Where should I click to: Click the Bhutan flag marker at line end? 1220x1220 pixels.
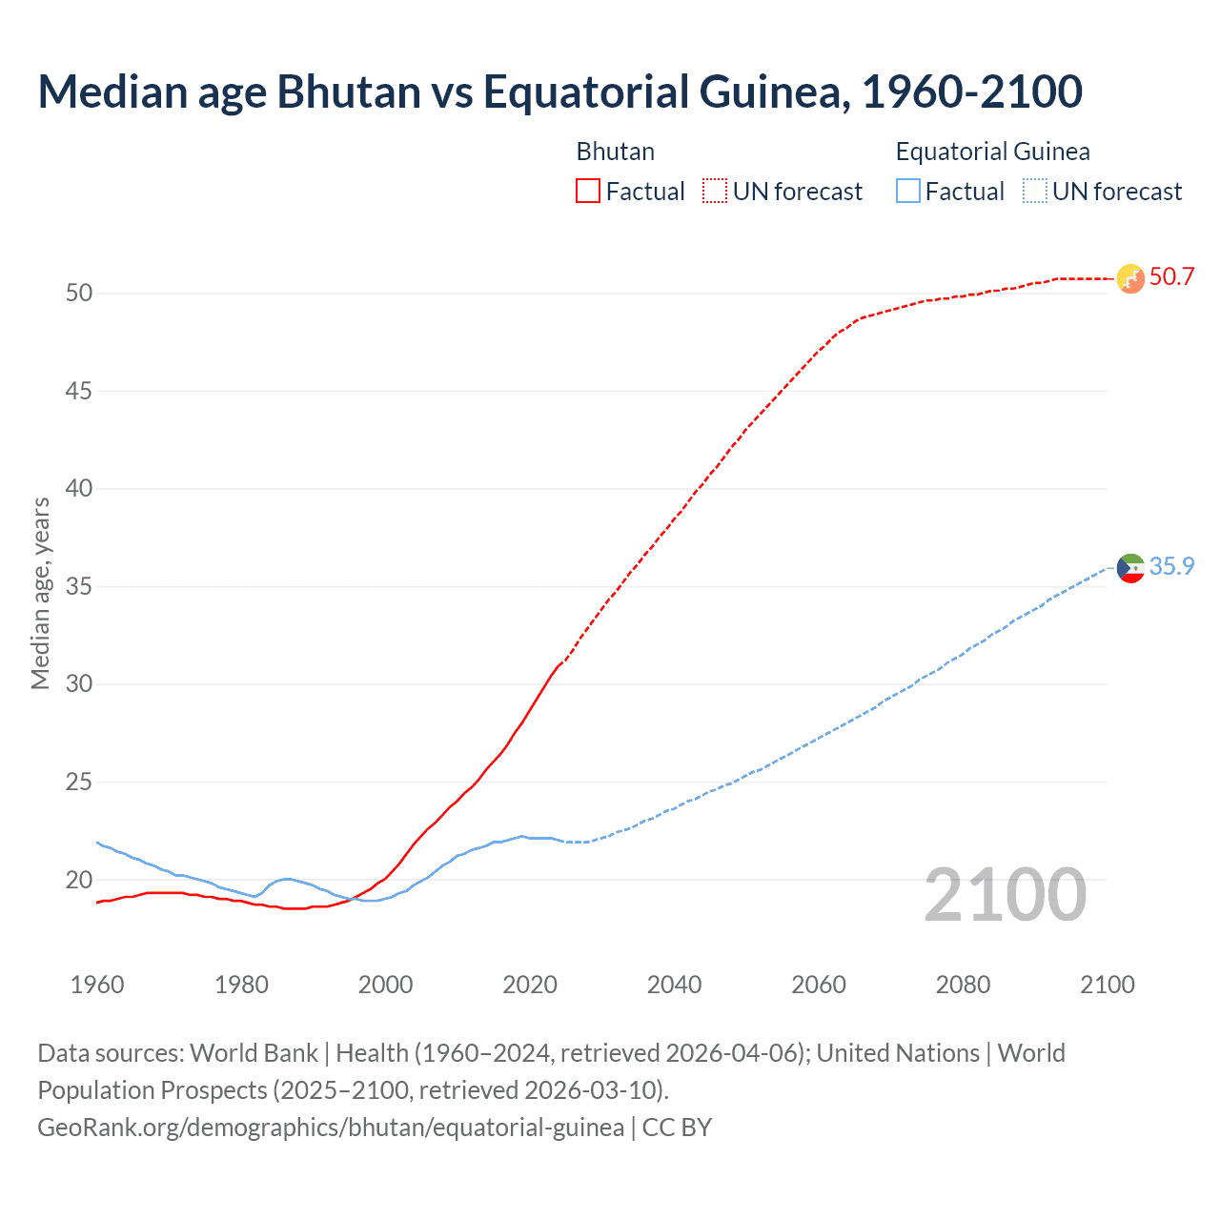click(1129, 278)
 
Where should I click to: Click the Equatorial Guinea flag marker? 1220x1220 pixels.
click(1129, 568)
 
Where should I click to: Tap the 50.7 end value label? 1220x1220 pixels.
click(1171, 277)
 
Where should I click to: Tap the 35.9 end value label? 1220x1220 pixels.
click(1171, 566)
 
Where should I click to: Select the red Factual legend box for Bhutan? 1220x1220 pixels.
click(588, 191)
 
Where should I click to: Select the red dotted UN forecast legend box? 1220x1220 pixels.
click(715, 191)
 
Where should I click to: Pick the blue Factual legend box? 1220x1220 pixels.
click(908, 191)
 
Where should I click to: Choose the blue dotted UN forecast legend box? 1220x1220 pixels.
click(1034, 191)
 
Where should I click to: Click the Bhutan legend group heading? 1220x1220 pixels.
click(615, 152)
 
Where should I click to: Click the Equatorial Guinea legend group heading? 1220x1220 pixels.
click(992, 152)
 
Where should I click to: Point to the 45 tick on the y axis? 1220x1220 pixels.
click(79, 391)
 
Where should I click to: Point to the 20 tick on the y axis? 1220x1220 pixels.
click(79, 880)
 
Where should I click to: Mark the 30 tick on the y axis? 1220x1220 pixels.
click(79, 684)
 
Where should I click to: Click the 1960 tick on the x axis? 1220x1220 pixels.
click(97, 985)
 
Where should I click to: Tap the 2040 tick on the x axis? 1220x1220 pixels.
click(674, 985)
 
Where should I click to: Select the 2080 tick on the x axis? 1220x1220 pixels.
click(963, 985)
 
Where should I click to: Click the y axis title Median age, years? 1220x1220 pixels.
click(40, 593)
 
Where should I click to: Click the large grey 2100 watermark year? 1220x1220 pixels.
click(1005, 895)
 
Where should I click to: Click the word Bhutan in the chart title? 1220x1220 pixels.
click(348, 91)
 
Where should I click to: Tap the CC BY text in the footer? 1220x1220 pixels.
click(677, 1128)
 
